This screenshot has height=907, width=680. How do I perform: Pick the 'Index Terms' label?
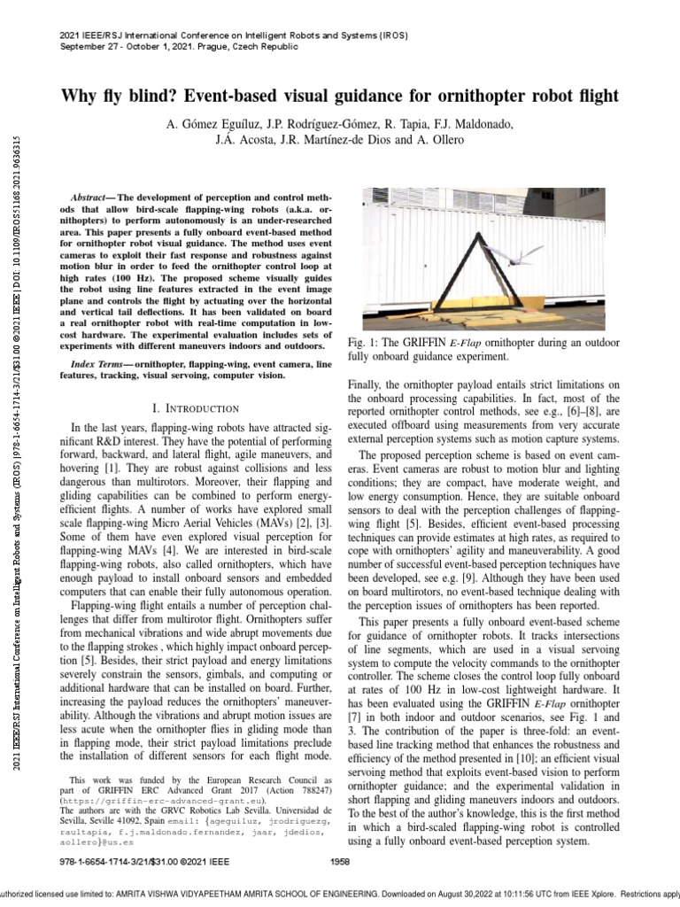[x=97, y=364]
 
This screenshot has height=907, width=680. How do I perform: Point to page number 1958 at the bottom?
[x=340, y=861]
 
